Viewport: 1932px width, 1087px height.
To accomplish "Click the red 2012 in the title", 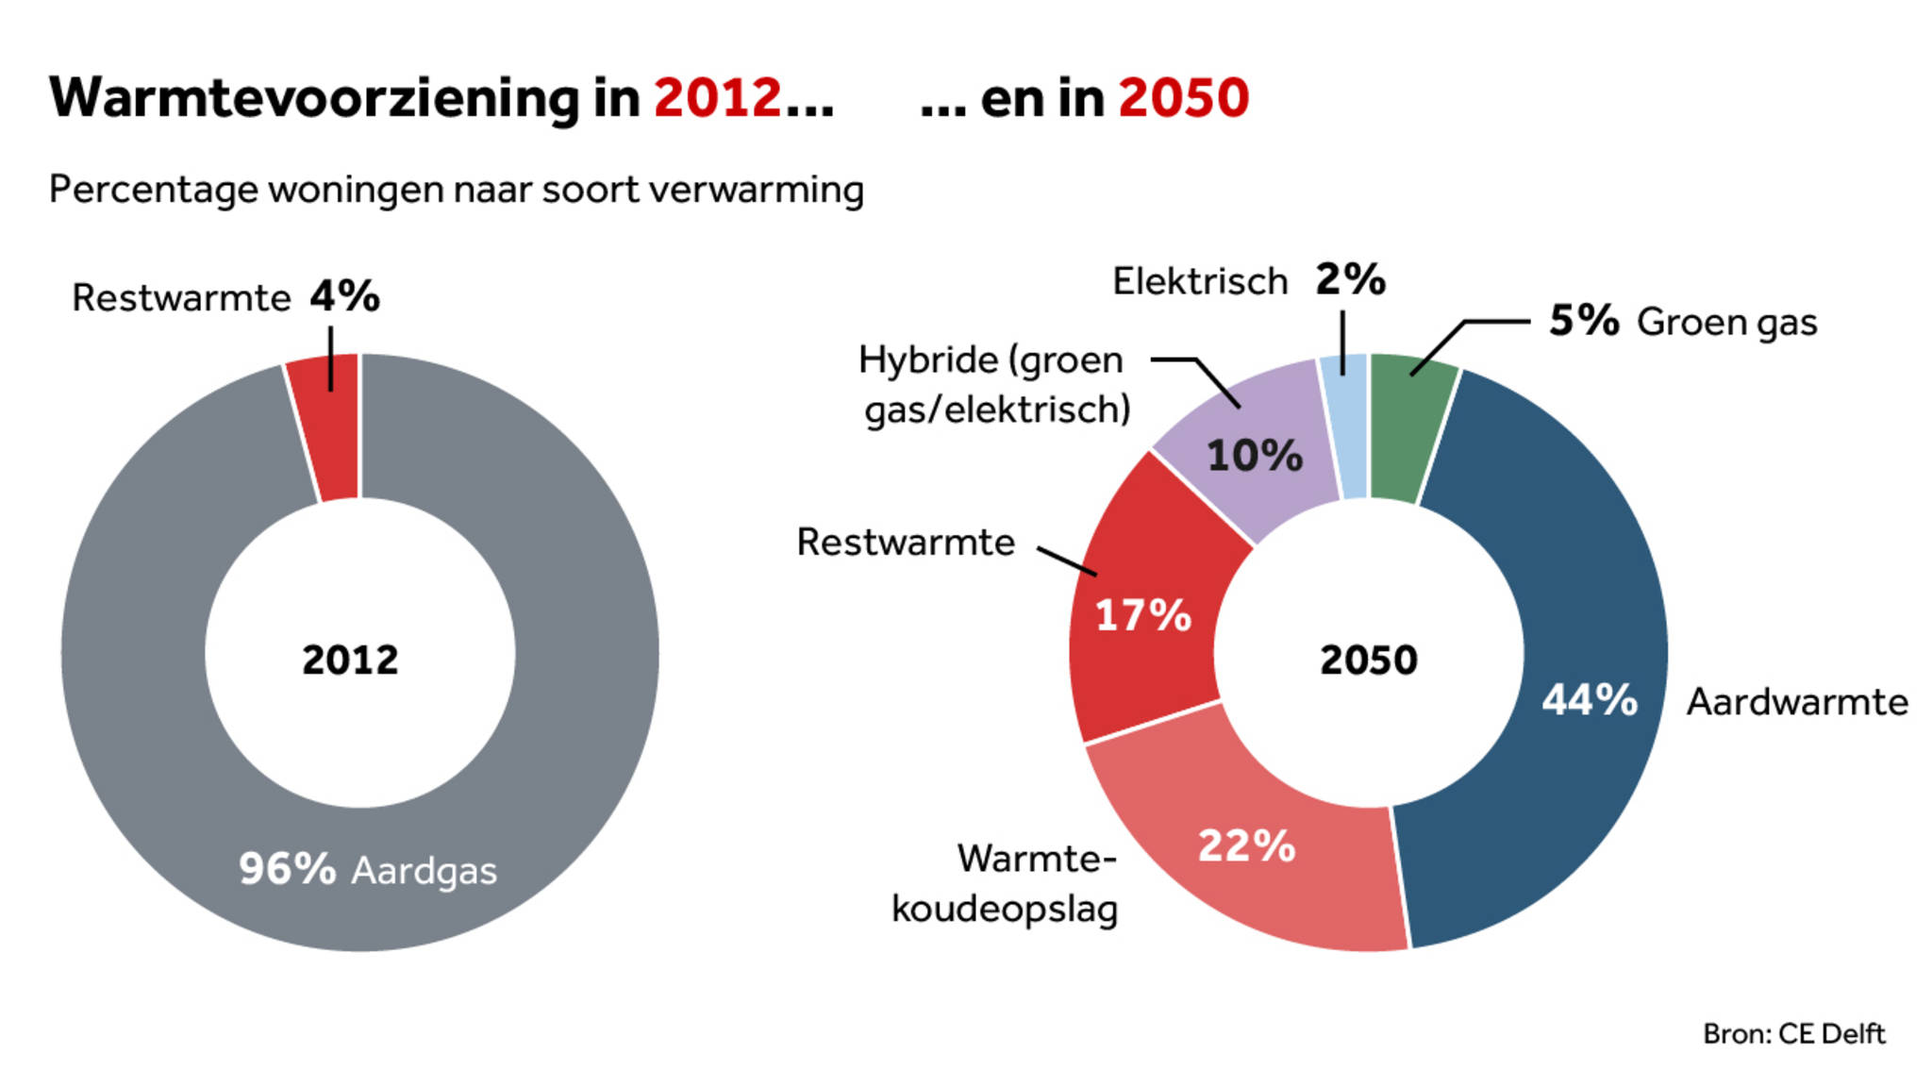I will (x=717, y=98).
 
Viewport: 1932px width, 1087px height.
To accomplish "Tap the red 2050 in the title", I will (x=1183, y=98).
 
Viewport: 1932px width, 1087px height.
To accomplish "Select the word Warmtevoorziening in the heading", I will (x=314, y=98).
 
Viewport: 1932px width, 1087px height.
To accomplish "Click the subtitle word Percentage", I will (x=153, y=191).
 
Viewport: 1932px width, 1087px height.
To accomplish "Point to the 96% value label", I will (x=287, y=869).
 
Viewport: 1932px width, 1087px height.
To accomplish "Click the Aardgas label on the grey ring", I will (x=424, y=872).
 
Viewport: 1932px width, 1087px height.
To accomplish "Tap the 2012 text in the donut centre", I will (x=350, y=660).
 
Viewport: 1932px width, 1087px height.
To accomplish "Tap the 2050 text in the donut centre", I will (x=1368, y=660).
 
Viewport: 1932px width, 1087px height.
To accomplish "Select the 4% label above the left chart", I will (x=345, y=296).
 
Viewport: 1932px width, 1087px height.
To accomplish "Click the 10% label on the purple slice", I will (x=1255, y=456).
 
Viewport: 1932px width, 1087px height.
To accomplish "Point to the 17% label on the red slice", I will (x=1142, y=616).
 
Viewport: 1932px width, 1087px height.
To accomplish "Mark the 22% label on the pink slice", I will (x=1246, y=845).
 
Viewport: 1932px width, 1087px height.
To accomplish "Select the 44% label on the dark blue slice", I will (x=1590, y=700).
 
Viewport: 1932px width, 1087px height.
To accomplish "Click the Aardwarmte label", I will (x=1797, y=702).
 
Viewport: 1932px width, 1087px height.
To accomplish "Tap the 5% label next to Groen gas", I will (x=1584, y=321).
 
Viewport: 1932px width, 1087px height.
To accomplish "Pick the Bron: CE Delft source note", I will (x=1793, y=1034).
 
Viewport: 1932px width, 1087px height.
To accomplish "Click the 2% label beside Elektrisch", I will (x=1350, y=280).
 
